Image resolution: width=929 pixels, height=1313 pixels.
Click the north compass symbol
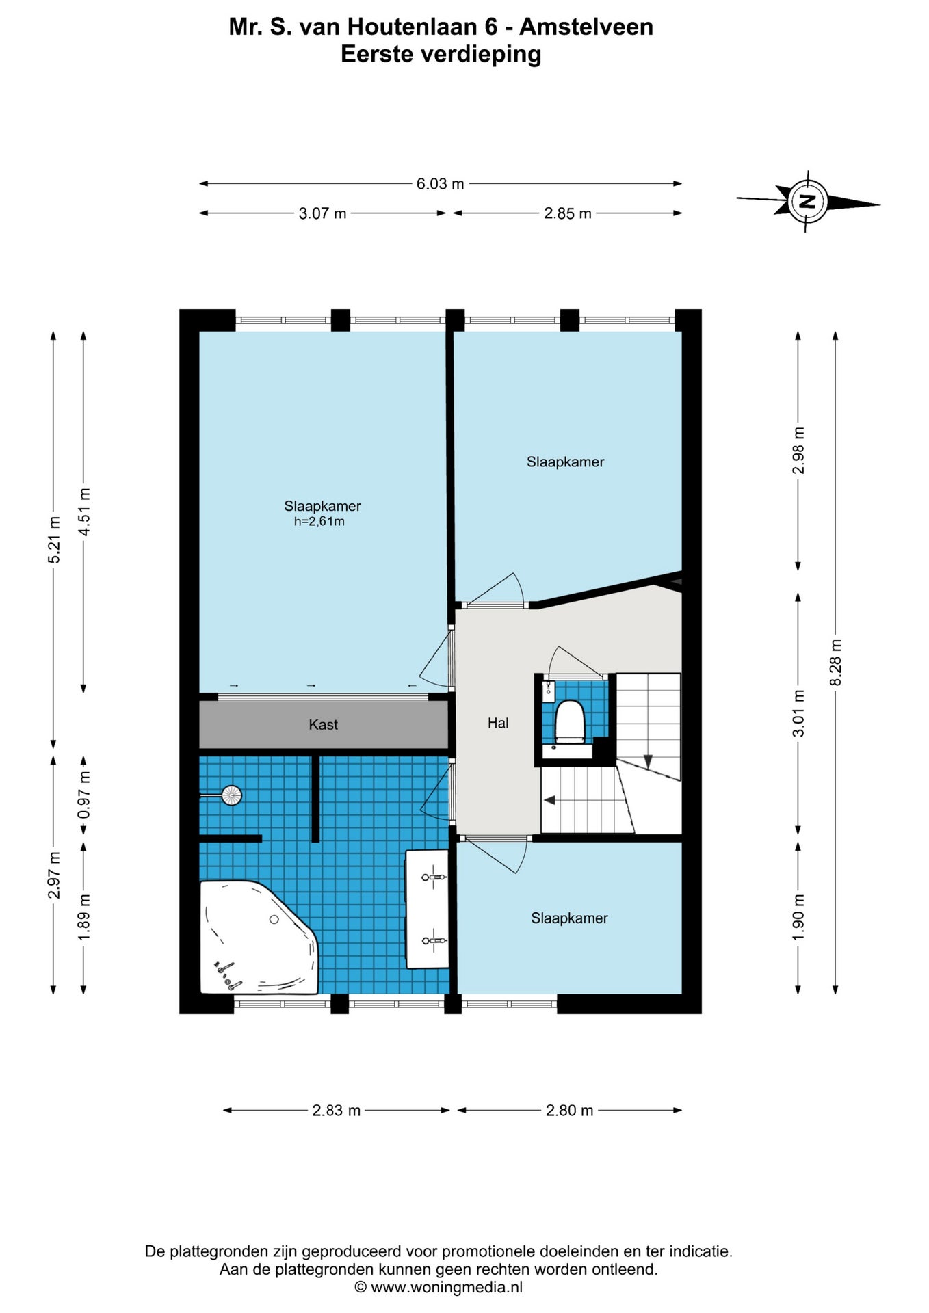click(x=808, y=201)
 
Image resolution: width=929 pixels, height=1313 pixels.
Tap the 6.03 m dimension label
click(x=441, y=183)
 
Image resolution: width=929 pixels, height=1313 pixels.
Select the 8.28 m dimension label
click(x=835, y=663)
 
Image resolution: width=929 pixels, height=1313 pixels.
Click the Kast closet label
click(x=323, y=724)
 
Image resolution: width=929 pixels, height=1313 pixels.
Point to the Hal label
click(x=498, y=723)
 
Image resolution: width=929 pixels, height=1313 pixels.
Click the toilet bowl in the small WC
click(x=569, y=721)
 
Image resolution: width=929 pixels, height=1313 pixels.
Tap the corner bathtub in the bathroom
click(x=259, y=937)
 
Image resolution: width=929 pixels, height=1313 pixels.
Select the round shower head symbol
click(x=232, y=795)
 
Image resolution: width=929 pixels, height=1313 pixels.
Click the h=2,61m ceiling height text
click(x=319, y=522)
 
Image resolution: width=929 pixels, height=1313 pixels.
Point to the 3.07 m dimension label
click(x=322, y=213)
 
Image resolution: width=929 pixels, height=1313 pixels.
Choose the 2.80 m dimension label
click(x=569, y=1111)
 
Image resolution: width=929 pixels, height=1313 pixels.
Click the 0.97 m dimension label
click(x=84, y=795)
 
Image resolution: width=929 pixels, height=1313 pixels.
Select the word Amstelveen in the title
click(x=586, y=27)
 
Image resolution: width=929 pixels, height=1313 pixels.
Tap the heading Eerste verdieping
click(x=441, y=54)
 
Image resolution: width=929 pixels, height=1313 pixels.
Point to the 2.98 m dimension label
click(x=798, y=451)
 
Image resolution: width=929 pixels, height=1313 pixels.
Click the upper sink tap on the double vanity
click(x=434, y=877)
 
